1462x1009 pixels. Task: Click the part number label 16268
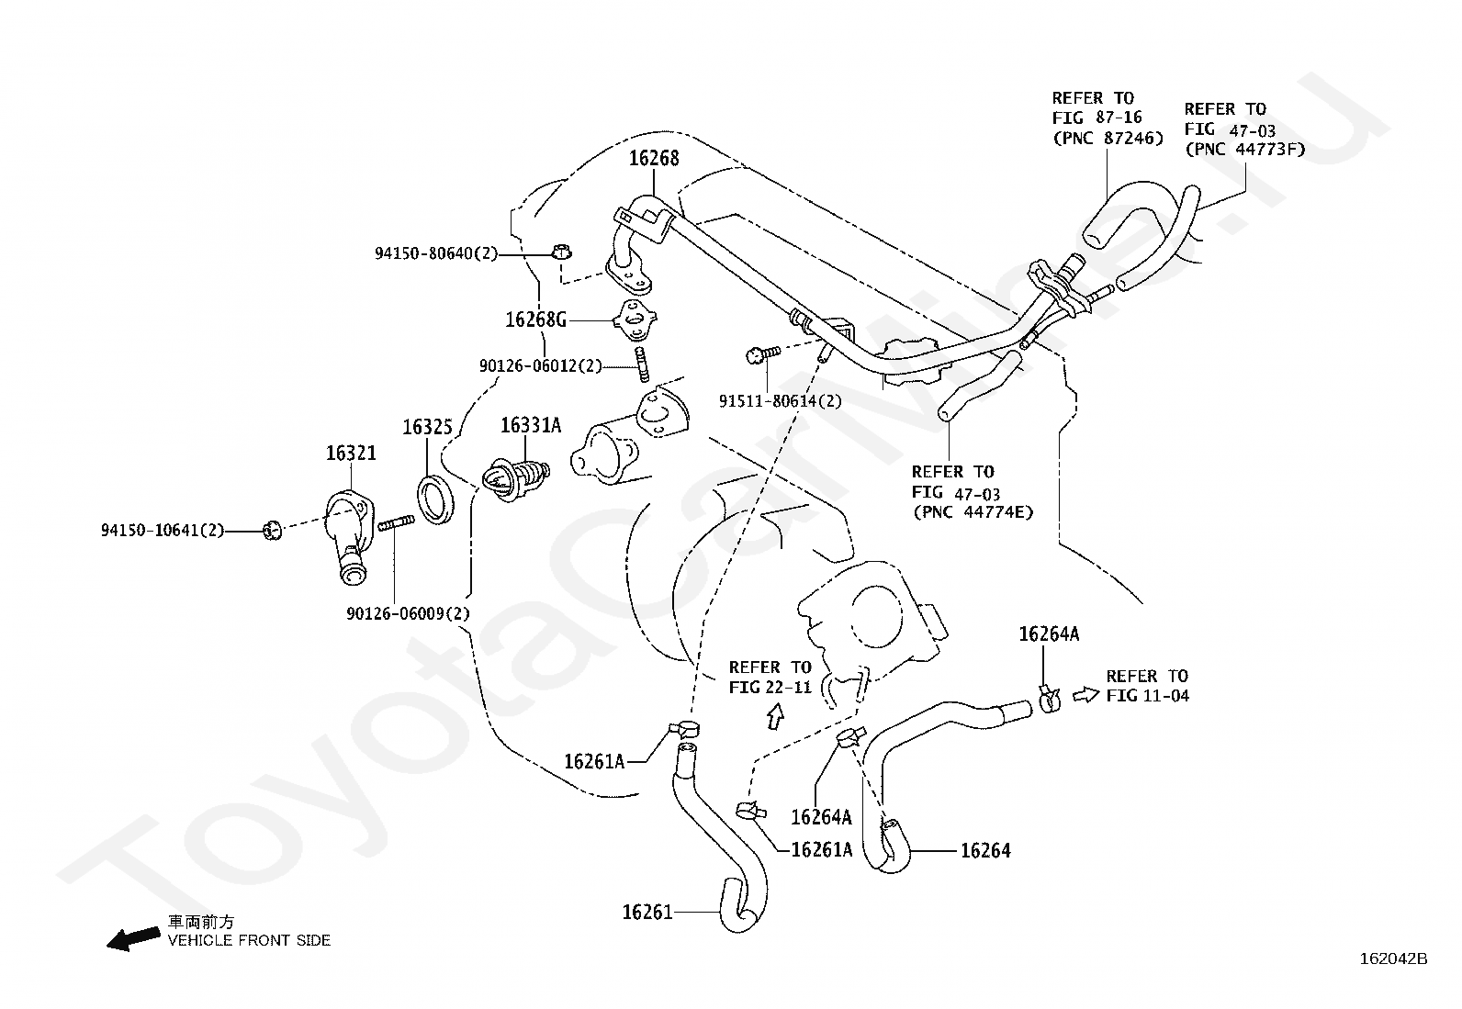pyautogui.click(x=653, y=158)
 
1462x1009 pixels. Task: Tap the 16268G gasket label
pyautogui.click(x=535, y=320)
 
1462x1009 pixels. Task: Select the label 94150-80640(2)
pyautogui.click(x=436, y=253)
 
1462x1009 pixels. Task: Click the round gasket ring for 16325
pyautogui.click(x=434, y=500)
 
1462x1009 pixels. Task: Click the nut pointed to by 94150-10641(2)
pyautogui.click(x=272, y=531)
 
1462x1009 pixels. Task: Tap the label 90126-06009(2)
pyautogui.click(x=408, y=613)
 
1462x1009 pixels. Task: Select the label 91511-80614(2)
pyautogui.click(x=780, y=400)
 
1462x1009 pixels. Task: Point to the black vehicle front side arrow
pyautogui.click(x=133, y=938)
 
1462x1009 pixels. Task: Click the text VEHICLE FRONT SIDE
pyautogui.click(x=249, y=940)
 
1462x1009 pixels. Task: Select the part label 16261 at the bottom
pyautogui.click(x=647, y=912)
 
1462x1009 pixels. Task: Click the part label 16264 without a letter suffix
pyautogui.click(x=985, y=850)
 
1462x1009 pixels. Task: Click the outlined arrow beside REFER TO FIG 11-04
pyautogui.click(x=1086, y=695)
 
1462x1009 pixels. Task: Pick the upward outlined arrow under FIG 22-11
pyautogui.click(x=775, y=716)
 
